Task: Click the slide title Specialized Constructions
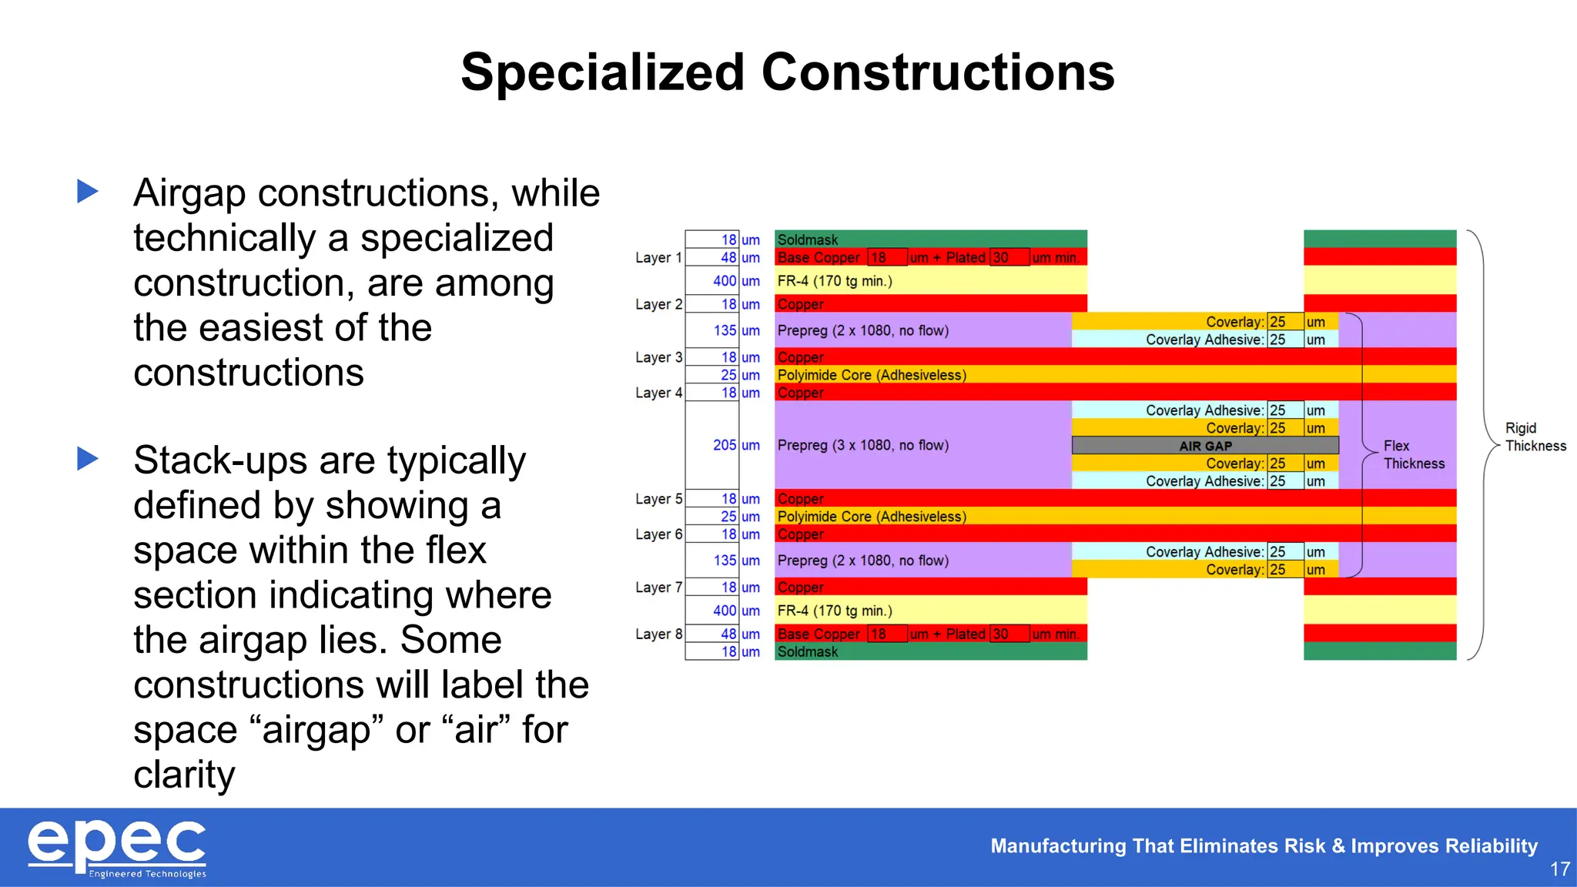tap(787, 72)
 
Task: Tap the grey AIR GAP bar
tap(1205, 446)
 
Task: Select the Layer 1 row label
tap(658, 258)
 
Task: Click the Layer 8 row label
tap(658, 634)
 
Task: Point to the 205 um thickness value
tap(725, 445)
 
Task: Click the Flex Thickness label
tap(1413, 454)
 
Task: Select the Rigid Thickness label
tap(1535, 437)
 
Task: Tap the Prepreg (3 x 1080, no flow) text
tap(862, 445)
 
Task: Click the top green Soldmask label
tap(807, 239)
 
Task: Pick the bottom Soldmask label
tap(807, 651)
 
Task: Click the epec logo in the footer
tap(117, 847)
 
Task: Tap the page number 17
tap(1559, 869)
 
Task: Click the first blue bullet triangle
tap(88, 191)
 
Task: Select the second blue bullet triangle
tap(88, 459)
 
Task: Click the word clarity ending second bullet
tap(184, 775)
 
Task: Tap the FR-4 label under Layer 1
tap(834, 281)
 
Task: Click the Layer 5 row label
tap(658, 499)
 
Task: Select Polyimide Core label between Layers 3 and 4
tap(871, 375)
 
